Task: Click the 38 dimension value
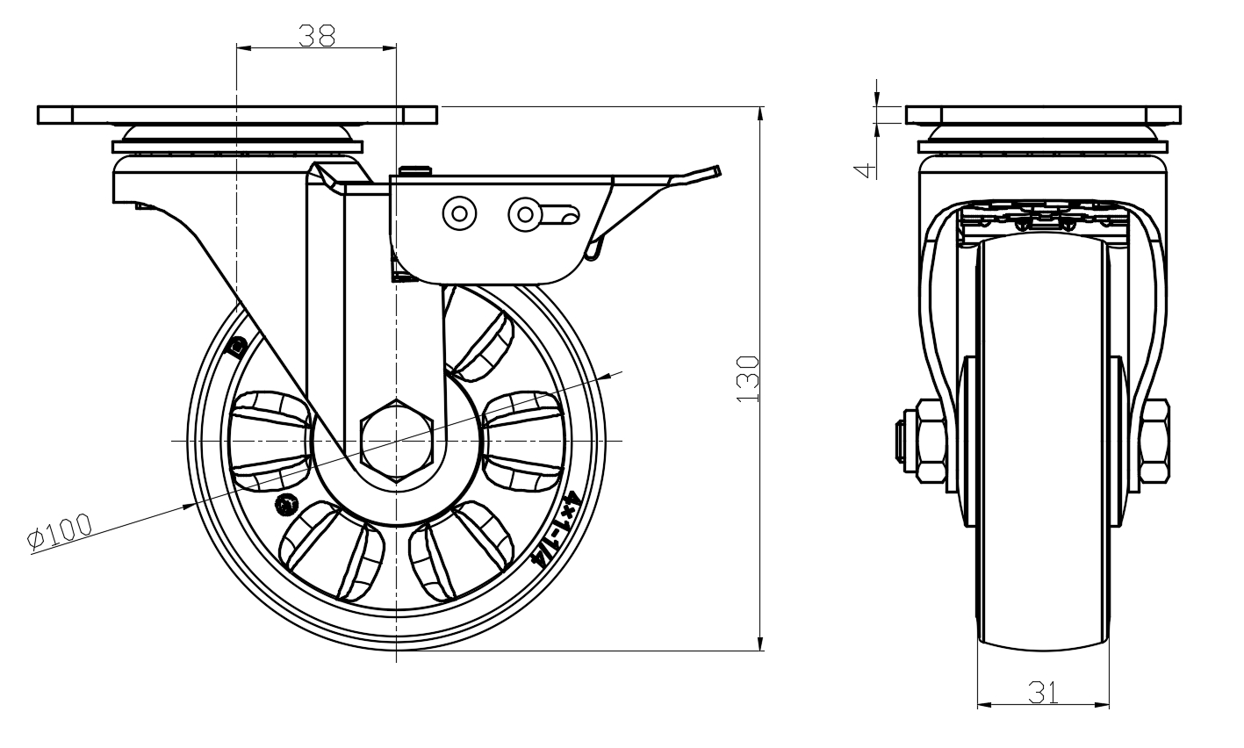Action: tap(317, 35)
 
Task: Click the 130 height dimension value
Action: tap(746, 378)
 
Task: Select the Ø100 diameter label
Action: tap(61, 532)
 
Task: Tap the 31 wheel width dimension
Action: tap(1043, 693)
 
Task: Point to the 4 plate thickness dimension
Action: tap(866, 168)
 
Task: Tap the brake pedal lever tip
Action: tap(716, 169)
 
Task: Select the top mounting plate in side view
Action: tap(237, 115)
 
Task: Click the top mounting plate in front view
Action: tap(1043, 115)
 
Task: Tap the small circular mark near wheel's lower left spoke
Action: tap(286, 505)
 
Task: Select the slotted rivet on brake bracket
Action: tap(525, 212)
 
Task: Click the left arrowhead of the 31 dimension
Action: tap(984, 704)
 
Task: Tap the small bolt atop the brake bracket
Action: tap(413, 169)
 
